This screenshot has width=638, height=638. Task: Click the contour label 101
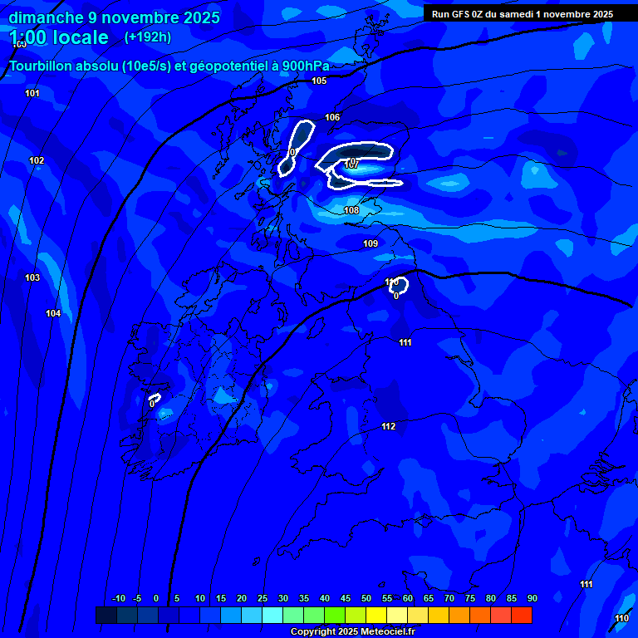[32, 93]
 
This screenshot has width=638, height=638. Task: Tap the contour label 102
[37, 160]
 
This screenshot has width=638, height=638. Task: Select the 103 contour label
[32, 277]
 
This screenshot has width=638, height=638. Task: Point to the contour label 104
[53, 313]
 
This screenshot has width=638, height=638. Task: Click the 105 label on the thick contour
[319, 81]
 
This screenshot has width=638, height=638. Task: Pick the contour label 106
[332, 117]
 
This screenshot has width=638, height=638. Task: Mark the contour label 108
[351, 210]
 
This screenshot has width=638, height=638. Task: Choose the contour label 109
[371, 243]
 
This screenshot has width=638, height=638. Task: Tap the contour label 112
[388, 426]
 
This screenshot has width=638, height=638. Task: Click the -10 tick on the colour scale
[119, 598]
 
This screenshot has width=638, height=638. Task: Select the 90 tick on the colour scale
[532, 598]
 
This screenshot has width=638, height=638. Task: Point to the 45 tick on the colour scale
[345, 598]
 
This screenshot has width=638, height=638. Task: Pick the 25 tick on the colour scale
[262, 598]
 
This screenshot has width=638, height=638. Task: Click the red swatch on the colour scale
[521, 615]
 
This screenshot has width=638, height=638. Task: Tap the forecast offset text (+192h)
[148, 37]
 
